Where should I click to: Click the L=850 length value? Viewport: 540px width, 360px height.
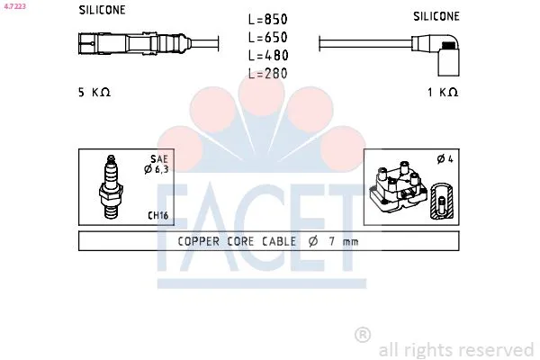pos(267,19)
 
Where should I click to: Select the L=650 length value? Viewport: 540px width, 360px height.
pos(267,37)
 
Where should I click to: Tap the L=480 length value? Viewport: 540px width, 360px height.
pos(268,55)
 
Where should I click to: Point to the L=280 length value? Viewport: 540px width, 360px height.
pos(267,74)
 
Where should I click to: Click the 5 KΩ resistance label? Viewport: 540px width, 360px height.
pos(94,93)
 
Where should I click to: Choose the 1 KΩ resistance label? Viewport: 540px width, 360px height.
pos(443,93)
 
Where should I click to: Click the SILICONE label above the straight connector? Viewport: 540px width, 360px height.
pos(102,10)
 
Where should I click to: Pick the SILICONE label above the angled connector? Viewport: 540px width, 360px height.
pos(436,16)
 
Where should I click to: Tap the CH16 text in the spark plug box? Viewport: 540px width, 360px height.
pos(158,215)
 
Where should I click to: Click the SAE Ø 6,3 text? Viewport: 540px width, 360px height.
pos(157,164)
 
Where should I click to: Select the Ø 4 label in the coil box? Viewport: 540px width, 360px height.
pos(445,158)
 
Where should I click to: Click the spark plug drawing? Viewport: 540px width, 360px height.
pos(111,187)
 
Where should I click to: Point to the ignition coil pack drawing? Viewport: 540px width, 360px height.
pos(398,186)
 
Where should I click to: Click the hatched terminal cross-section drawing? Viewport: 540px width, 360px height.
pos(443,201)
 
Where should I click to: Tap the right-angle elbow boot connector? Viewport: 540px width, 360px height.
pos(436,54)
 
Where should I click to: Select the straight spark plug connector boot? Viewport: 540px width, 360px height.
pos(135,44)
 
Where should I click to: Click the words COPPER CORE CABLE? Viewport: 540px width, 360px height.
pos(237,241)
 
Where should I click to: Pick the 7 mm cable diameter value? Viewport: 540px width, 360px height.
pos(344,241)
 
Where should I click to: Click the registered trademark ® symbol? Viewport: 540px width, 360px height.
pos(363,335)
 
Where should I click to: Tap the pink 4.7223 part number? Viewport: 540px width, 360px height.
pos(14,6)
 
